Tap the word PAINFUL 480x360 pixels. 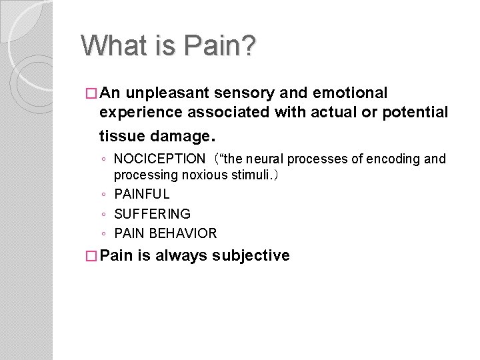(142, 195)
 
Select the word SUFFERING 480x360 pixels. (153, 214)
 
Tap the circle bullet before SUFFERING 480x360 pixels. (104, 215)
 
